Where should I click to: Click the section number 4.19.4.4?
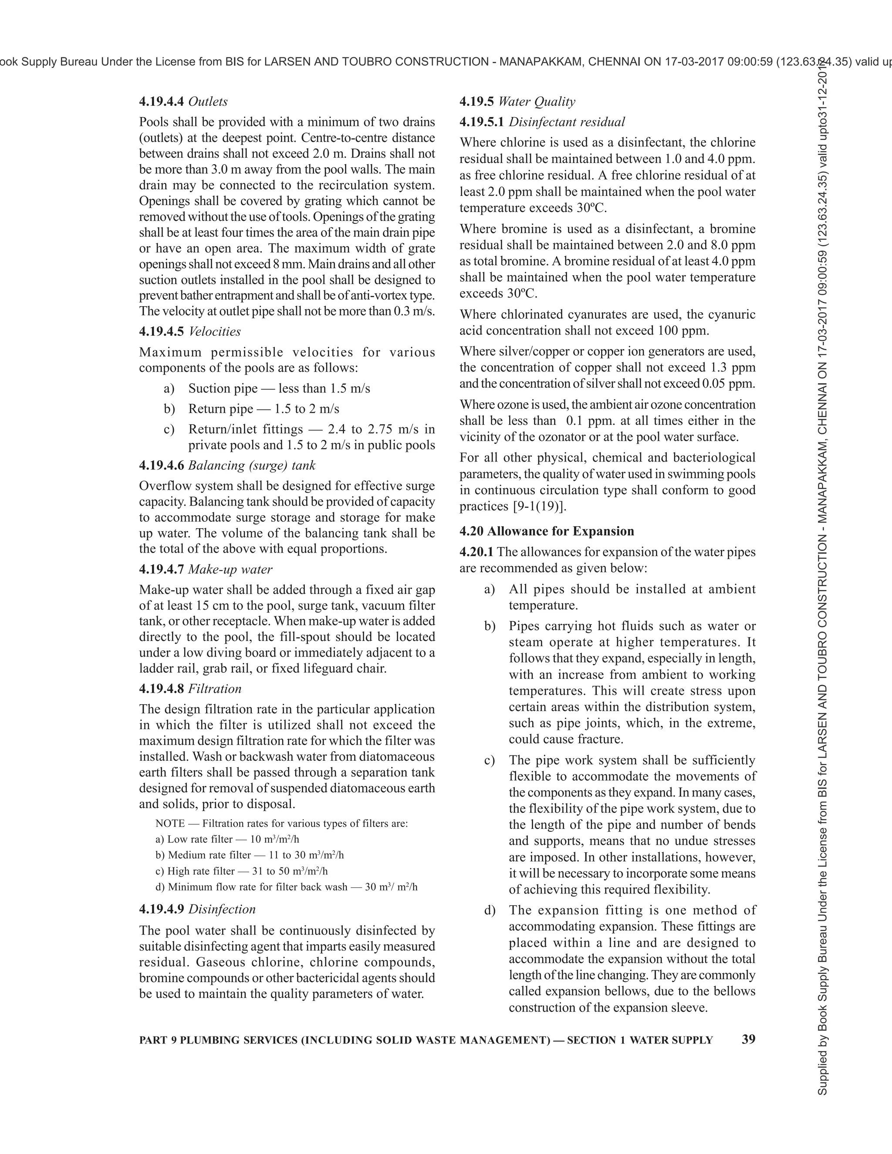point(162,101)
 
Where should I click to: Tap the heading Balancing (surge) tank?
point(252,466)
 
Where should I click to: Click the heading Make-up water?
point(230,569)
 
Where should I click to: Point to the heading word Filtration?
point(215,688)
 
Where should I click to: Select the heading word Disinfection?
point(222,909)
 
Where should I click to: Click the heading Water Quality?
point(536,101)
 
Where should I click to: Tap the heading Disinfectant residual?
point(567,122)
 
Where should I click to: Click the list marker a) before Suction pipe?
point(169,388)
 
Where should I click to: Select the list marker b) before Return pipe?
point(169,409)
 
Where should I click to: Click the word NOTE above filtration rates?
point(169,823)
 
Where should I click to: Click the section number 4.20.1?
point(476,552)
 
